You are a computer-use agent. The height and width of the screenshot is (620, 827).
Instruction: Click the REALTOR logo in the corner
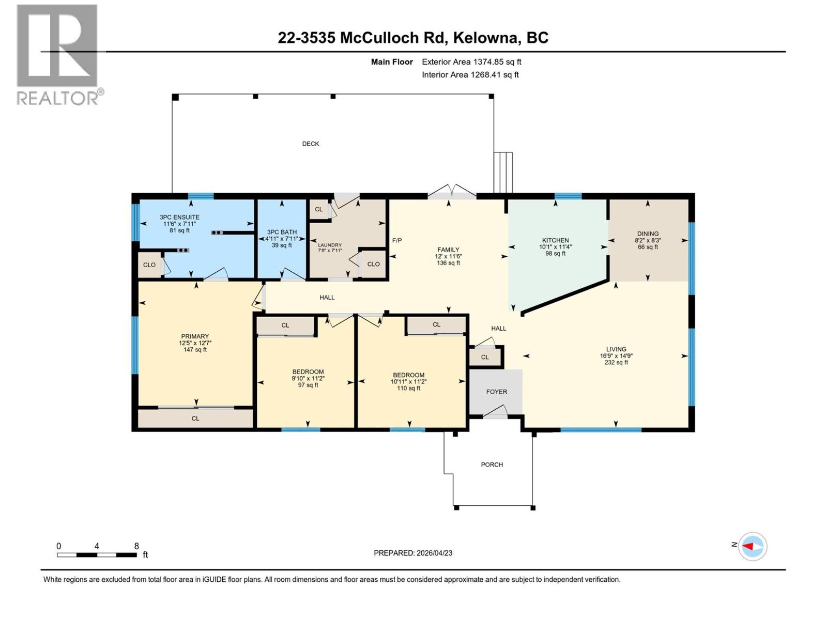click(x=57, y=54)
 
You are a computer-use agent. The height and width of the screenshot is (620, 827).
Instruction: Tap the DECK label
click(x=311, y=144)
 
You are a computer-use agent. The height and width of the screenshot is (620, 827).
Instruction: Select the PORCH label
click(x=492, y=464)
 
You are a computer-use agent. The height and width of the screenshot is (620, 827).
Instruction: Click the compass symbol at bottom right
click(x=753, y=546)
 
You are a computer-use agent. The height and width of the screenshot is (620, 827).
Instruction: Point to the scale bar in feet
click(x=97, y=554)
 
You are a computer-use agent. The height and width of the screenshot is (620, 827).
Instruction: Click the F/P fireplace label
click(x=397, y=240)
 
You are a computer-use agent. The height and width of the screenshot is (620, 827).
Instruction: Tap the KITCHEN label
click(x=555, y=240)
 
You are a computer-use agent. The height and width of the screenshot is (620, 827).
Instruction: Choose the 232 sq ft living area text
click(x=616, y=362)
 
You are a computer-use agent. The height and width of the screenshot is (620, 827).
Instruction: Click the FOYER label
click(x=496, y=392)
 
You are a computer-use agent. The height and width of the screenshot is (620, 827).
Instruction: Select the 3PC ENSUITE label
click(x=179, y=218)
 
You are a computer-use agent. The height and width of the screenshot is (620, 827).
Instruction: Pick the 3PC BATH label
click(x=282, y=233)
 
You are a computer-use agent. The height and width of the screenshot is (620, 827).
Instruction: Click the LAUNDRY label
click(x=330, y=245)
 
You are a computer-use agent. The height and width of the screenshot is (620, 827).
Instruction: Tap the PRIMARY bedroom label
click(x=195, y=336)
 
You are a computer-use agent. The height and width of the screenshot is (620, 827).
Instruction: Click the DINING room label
click(x=648, y=234)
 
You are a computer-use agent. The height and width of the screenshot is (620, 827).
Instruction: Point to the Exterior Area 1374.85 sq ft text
click(x=471, y=62)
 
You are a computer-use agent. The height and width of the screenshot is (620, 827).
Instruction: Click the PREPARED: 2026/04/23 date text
click(x=413, y=553)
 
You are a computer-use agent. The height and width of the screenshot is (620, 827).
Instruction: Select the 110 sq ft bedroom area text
click(x=408, y=388)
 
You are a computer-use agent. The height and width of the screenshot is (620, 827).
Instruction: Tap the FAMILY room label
click(x=448, y=250)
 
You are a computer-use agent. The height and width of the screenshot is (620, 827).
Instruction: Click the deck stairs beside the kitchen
click(x=503, y=173)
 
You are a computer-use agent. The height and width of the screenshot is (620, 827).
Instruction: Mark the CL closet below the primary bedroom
click(x=195, y=419)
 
